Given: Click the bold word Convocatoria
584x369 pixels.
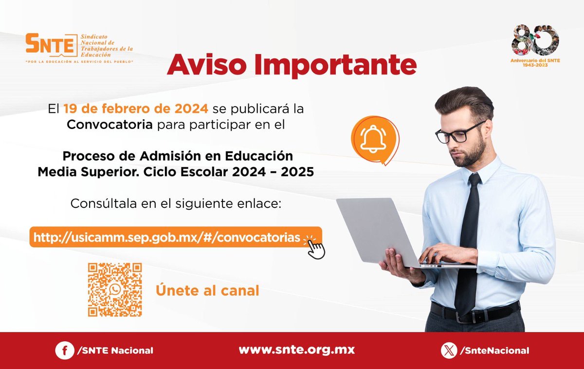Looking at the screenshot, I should click(x=109, y=125).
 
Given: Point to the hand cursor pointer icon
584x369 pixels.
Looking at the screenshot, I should click(x=316, y=249).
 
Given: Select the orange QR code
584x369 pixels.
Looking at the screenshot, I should click(x=115, y=290).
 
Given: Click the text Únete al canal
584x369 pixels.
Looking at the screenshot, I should click(x=207, y=291).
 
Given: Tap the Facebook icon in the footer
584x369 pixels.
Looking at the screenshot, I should click(x=64, y=350).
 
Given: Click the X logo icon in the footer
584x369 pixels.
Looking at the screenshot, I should click(x=449, y=350).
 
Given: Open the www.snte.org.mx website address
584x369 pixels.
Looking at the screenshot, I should click(x=296, y=350).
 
